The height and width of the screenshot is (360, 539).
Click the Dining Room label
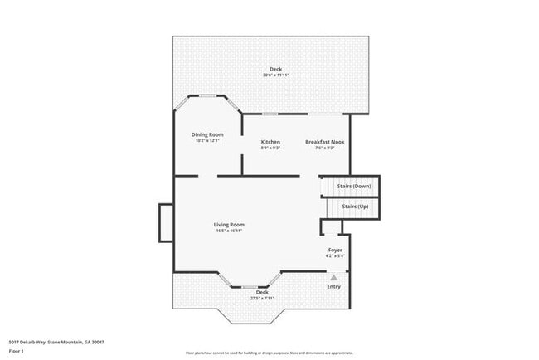[x=208, y=134]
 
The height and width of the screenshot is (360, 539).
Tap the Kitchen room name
[x=270, y=142]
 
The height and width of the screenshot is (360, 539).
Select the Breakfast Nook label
[x=319, y=142]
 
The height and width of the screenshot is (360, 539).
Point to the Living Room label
[x=229, y=225]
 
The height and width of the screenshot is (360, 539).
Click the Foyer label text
[x=335, y=250]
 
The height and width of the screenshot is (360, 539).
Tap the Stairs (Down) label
[x=354, y=187]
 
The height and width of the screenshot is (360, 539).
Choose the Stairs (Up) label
[x=356, y=205]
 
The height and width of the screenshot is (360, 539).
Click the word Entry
[x=334, y=287]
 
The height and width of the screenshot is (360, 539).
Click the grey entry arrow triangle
[x=334, y=278]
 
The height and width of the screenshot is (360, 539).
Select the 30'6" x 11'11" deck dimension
[x=275, y=75]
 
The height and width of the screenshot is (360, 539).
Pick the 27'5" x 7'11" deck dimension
[x=262, y=298]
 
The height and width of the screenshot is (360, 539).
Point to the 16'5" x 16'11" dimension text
[x=229, y=231]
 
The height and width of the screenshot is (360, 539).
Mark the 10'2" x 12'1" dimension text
[x=208, y=140]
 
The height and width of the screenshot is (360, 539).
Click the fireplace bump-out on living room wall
[x=166, y=224]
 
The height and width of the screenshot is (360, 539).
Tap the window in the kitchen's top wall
[x=270, y=114]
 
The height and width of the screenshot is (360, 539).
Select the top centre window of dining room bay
[x=207, y=96]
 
